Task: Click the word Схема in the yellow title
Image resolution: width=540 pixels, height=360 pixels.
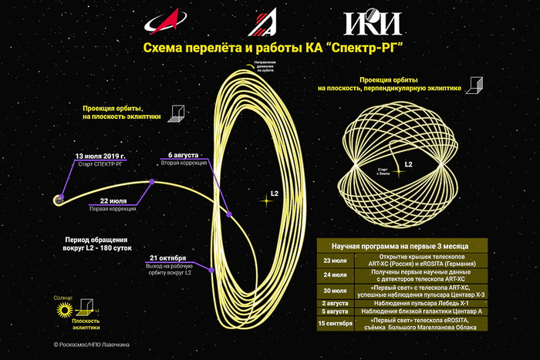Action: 163,49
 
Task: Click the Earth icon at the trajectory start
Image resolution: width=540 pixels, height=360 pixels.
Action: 58,200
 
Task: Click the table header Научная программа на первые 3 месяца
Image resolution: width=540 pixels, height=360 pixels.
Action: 400,245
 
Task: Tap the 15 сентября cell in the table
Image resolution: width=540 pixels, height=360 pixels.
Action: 335,324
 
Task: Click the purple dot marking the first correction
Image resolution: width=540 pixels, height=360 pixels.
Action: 154,183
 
